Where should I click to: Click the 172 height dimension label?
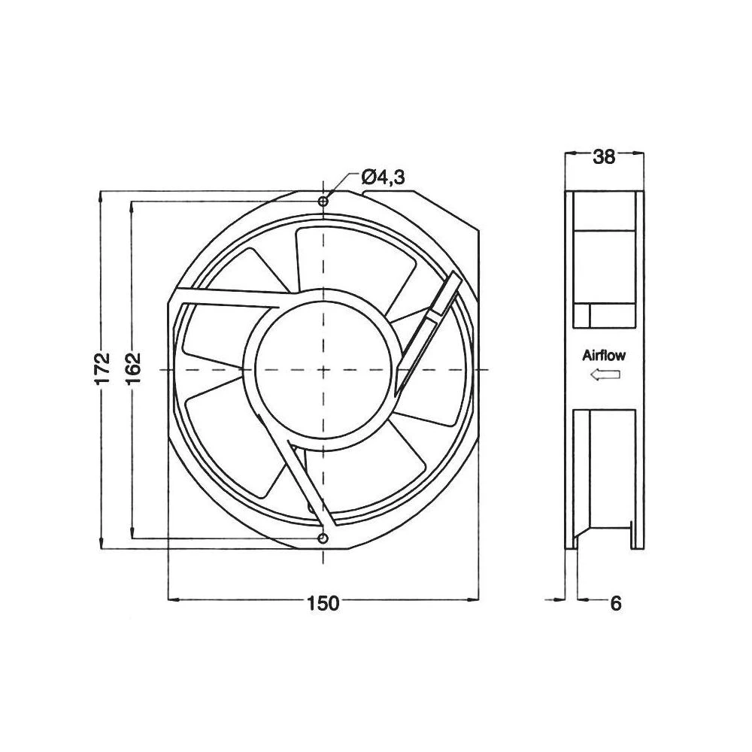click(103, 368)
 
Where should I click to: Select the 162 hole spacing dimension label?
click(133, 368)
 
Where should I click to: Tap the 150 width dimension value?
click(323, 603)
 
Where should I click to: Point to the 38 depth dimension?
click(604, 156)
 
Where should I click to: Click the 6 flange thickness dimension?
click(616, 603)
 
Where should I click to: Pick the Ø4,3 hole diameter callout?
click(383, 177)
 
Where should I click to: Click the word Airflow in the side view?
click(604, 356)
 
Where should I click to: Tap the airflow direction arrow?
click(605, 375)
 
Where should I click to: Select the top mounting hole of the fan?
click(323, 202)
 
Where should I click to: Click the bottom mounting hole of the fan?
click(323, 538)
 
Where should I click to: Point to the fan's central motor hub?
click(323, 370)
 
